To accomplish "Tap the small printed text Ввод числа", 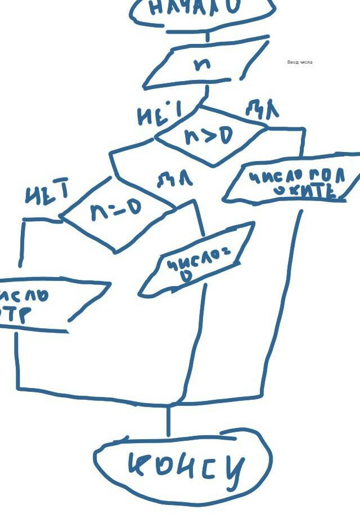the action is pos(299,62).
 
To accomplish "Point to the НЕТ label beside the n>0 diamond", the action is pos(159,115).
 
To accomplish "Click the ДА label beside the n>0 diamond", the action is pos(262,109).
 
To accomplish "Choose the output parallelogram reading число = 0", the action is pos(194,262).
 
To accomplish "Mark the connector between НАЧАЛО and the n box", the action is pos(206,35).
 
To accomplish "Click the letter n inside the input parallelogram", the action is pos(202,64).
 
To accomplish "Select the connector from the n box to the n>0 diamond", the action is pos(206,94).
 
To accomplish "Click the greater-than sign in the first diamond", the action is pos(209,137).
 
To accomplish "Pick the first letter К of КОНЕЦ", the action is pos(139,465).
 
